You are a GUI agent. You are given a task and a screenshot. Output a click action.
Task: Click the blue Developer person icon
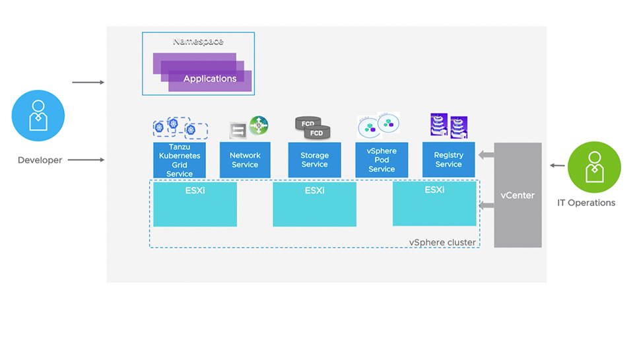click(x=38, y=116)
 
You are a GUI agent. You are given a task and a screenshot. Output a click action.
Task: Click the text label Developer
click(x=40, y=160)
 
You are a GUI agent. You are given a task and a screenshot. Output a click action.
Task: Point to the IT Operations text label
click(x=586, y=203)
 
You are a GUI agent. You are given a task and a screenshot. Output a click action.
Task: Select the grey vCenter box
click(x=518, y=195)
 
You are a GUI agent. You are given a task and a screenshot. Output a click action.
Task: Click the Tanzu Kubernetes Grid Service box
click(x=180, y=160)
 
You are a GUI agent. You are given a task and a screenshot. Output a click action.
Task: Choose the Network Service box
click(x=245, y=160)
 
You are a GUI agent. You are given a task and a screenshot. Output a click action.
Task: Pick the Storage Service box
click(x=314, y=160)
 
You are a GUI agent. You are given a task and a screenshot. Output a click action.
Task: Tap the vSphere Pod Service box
click(x=382, y=160)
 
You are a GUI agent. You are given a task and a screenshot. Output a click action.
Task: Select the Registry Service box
click(x=448, y=160)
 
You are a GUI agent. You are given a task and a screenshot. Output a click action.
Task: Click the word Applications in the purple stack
click(x=209, y=79)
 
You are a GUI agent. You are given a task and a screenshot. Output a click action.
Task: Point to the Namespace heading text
click(x=198, y=42)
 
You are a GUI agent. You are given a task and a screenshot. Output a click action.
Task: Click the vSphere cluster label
click(x=442, y=242)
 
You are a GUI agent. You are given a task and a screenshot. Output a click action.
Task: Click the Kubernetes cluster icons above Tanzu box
click(x=180, y=127)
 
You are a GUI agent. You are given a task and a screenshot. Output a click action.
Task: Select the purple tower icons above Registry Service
click(x=448, y=126)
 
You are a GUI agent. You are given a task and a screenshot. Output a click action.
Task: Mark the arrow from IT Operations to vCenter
click(x=557, y=166)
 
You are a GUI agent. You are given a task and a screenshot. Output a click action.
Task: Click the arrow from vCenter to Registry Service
click(x=486, y=156)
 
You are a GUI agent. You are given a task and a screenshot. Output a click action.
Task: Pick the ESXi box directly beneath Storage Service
click(x=314, y=204)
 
